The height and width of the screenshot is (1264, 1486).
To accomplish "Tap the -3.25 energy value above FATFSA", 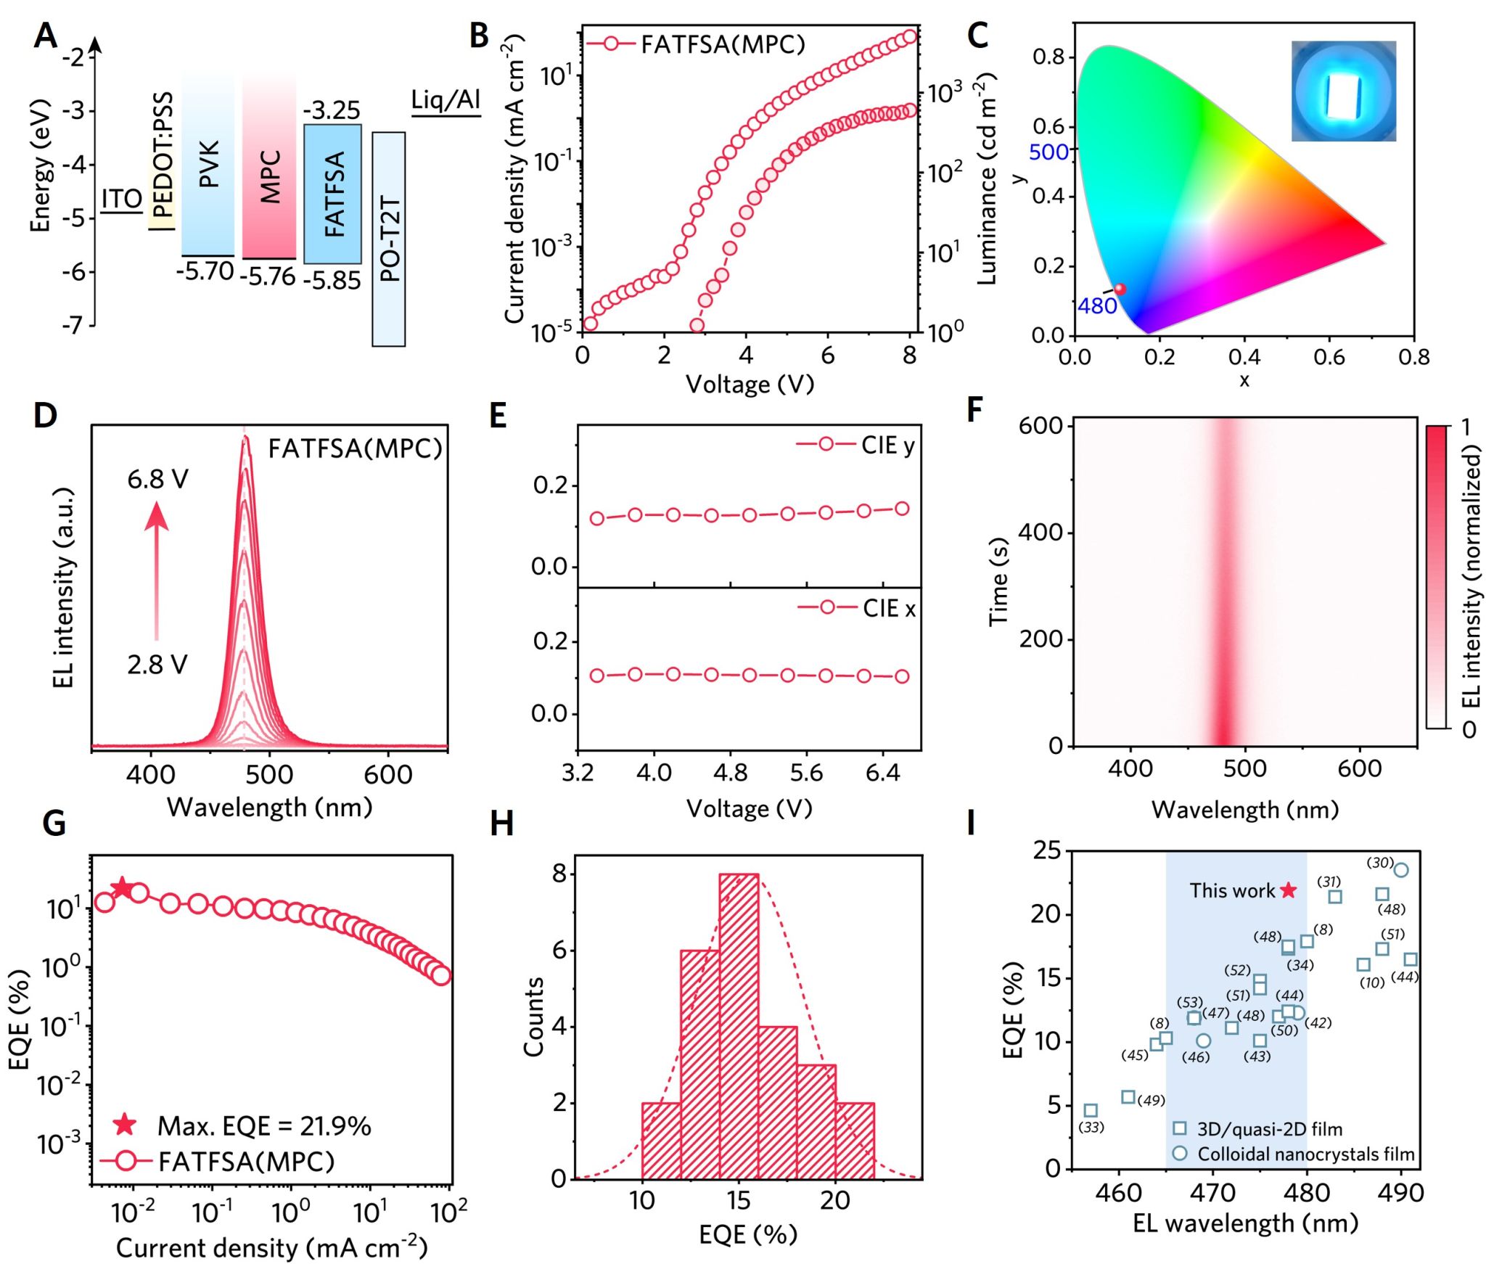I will (x=332, y=110).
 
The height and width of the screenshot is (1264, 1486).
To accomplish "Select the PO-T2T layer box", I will (x=389, y=239).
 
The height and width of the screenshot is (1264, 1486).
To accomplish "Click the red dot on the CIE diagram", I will (x=1120, y=290).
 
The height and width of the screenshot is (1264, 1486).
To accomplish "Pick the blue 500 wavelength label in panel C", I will (x=1048, y=152).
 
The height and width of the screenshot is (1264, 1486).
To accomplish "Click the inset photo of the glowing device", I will (x=1343, y=91).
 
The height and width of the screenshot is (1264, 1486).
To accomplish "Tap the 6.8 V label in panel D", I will (x=157, y=479).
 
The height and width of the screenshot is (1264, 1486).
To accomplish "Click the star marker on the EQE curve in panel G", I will (x=121, y=887).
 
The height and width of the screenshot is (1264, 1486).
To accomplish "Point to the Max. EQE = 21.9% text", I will (x=263, y=1126).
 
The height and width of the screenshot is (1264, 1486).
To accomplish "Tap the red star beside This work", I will (x=1288, y=890).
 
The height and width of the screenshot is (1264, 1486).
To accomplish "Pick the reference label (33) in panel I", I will (x=1091, y=1127).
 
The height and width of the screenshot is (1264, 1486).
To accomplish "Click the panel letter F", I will (x=974, y=410).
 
